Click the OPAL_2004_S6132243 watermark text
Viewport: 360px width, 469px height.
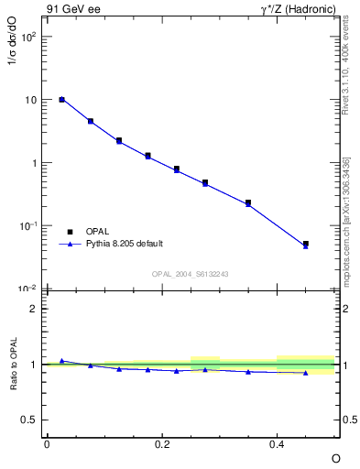click(190, 274)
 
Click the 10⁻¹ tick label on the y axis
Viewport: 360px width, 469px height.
click(29, 225)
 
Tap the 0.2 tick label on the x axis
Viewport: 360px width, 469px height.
click(162, 443)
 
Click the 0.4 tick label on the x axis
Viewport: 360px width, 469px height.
click(278, 443)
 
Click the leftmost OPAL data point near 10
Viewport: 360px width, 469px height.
click(61, 99)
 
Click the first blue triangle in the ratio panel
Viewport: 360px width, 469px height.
click(61, 361)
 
